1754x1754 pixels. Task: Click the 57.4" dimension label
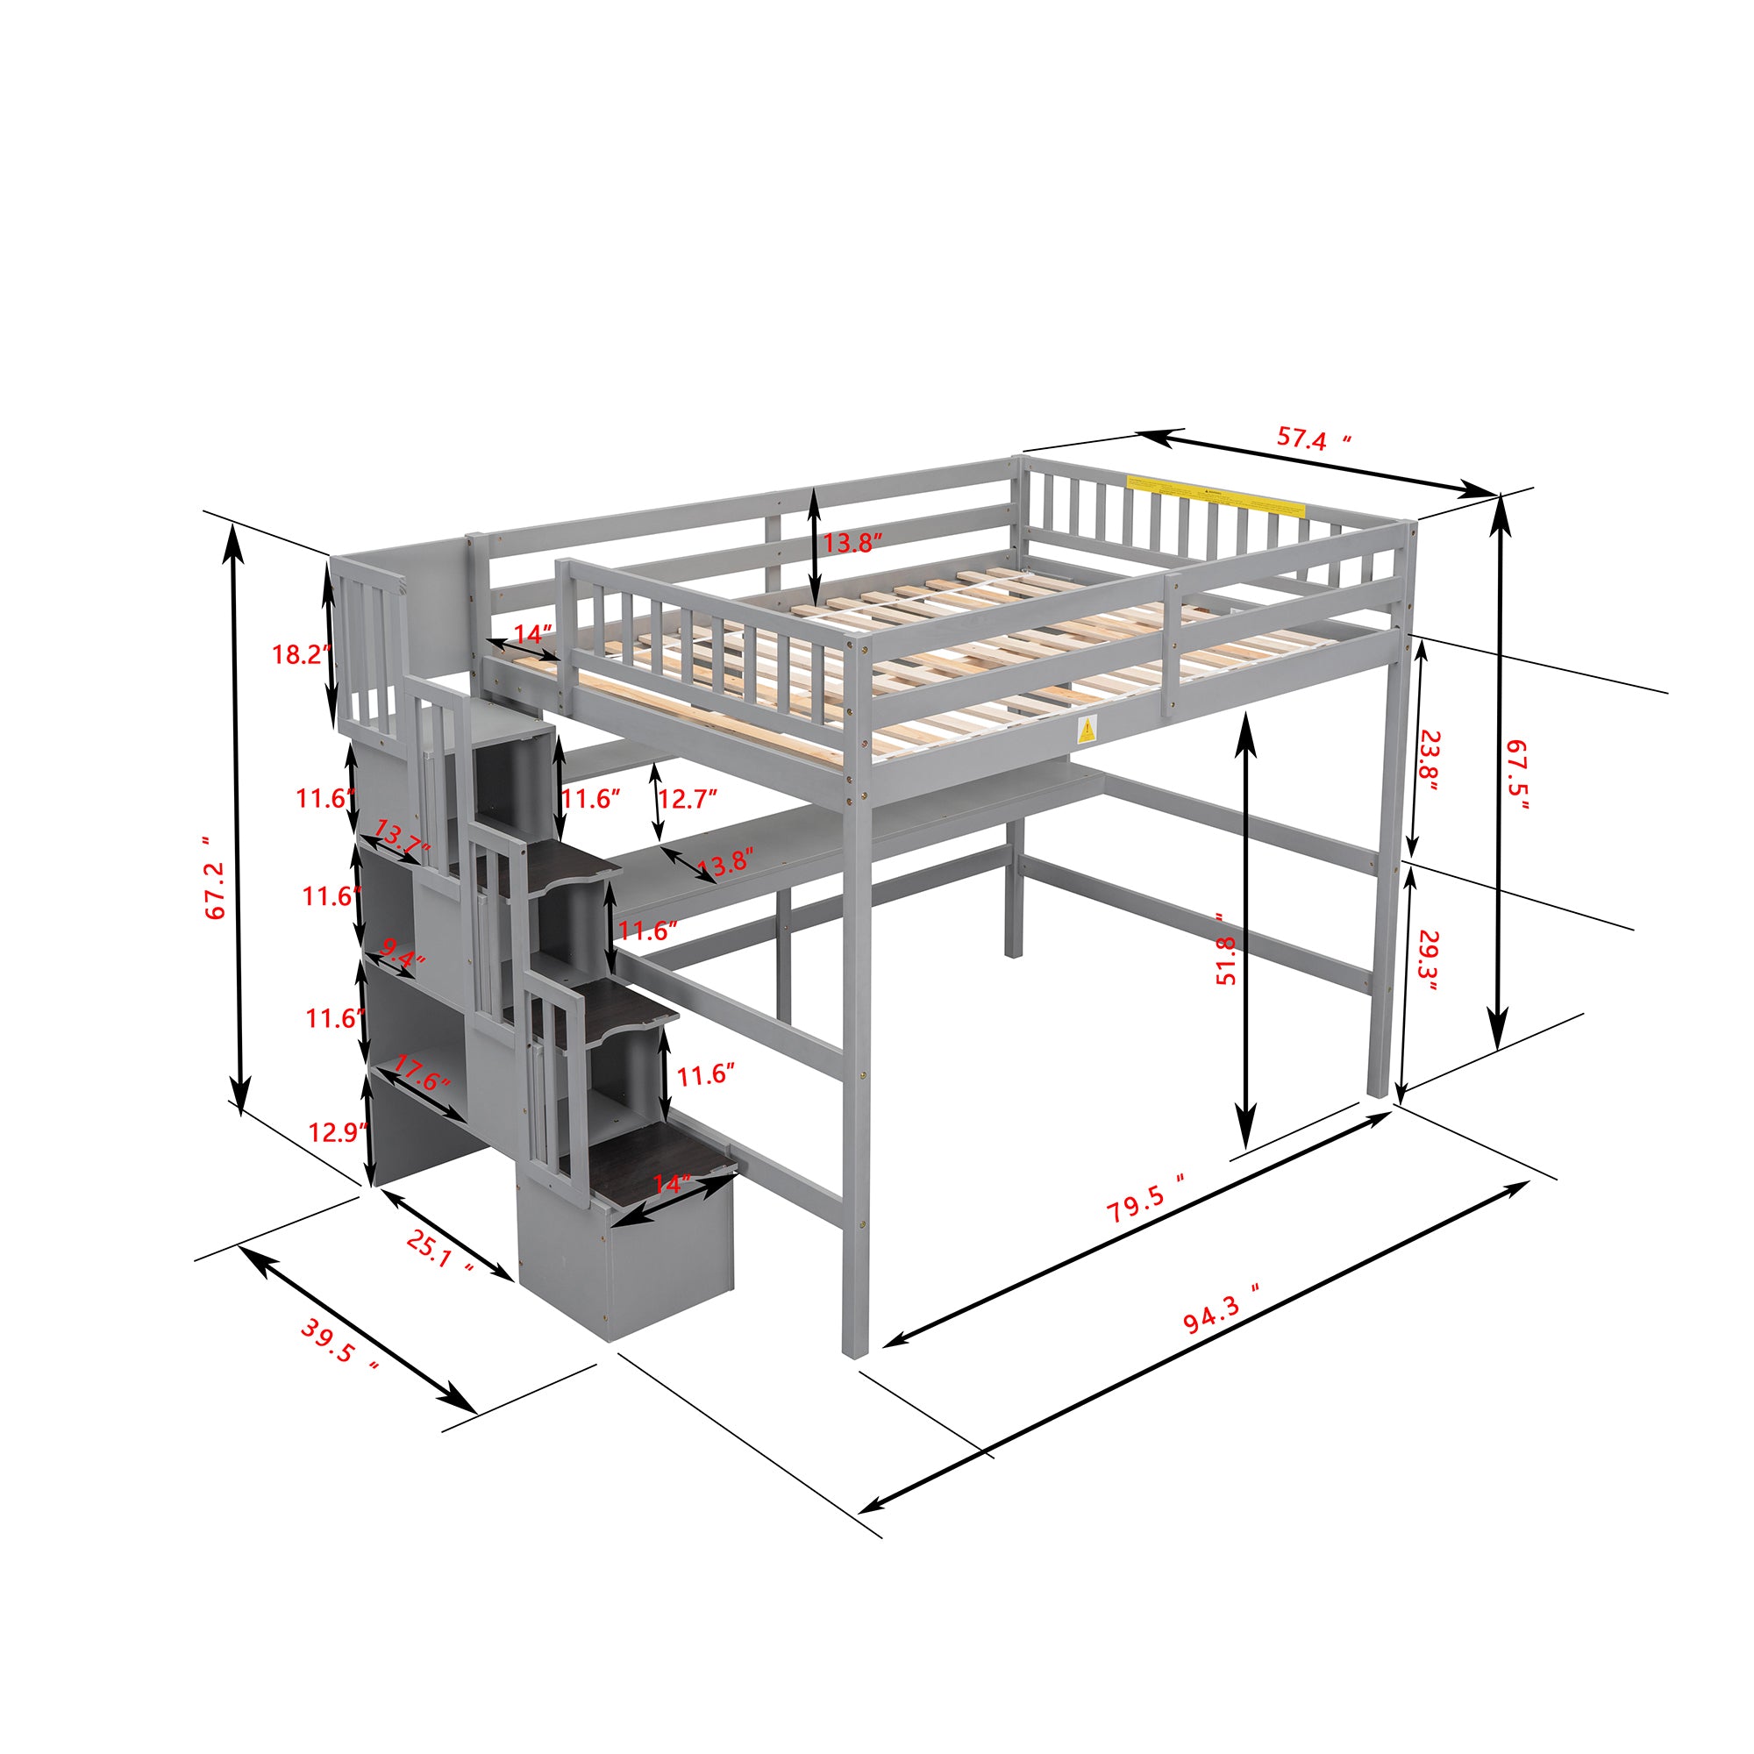pyautogui.click(x=1313, y=439)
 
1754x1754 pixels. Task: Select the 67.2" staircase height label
pyautogui.click(x=215, y=878)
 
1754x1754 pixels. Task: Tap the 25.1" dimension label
pyautogui.click(x=440, y=1256)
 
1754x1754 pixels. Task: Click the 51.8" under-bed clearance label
pyautogui.click(x=1226, y=949)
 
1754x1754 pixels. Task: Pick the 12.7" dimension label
pyautogui.click(x=687, y=799)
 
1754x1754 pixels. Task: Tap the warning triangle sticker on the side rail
pyautogui.click(x=1086, y=730)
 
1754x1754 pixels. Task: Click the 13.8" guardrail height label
pyautogui.click(x=852, y=543)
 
